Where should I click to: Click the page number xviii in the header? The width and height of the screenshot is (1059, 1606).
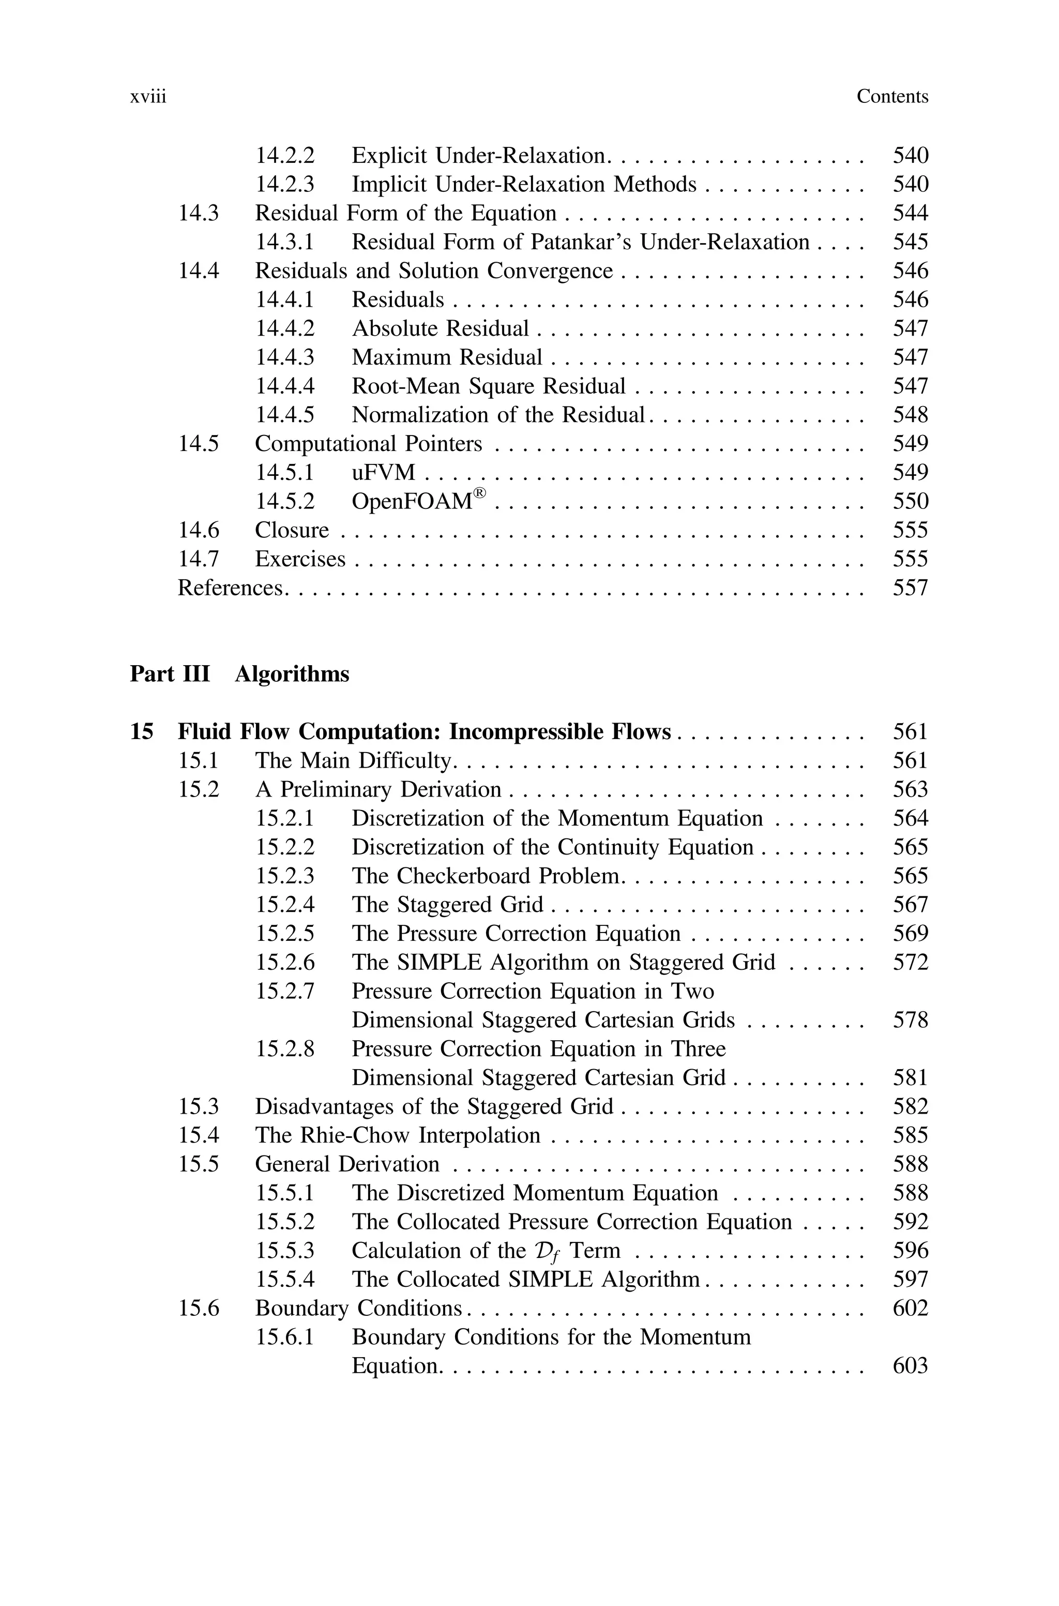coord(148,97)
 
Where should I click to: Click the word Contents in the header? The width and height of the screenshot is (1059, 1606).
coord(892,97)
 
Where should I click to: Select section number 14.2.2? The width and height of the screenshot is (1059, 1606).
coord(284,156)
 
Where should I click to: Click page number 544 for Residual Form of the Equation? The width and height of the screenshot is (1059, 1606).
coord(911,214)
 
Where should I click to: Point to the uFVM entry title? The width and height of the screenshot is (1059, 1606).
coord(383,473)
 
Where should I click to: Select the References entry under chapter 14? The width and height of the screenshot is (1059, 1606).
coord(230,588)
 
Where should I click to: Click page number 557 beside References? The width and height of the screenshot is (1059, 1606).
coord(911,588)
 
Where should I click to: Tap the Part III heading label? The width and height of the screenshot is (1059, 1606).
coord(170,674)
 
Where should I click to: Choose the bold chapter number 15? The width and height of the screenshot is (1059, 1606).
coord(141,732)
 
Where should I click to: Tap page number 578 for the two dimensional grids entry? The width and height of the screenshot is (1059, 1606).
coord(911,1020)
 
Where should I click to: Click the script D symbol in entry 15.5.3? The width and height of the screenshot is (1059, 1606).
coord(542,1251)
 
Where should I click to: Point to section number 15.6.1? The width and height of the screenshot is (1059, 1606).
coord(284,1337)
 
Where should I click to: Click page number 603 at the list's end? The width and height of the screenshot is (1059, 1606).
coord(911,1365)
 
